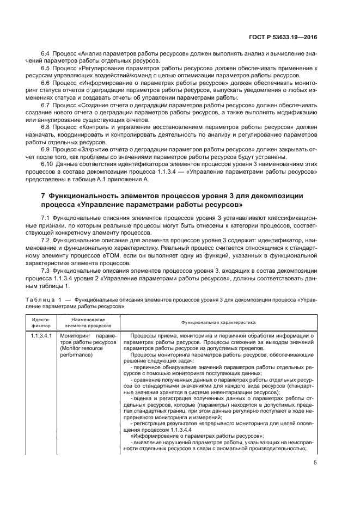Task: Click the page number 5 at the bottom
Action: [x=316, y=463]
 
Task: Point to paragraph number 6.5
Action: [x=46, y=68]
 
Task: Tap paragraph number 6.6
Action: [x=46, y=84]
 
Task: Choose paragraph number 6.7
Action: [x=46, y=103]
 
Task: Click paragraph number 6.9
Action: [x=46, y=148]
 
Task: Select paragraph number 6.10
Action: [x=47, y=163]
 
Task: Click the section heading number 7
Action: [x=44, y=195]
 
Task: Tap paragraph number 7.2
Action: [x=46, y=239]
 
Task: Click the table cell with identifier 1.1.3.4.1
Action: [x=41, y=336]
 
